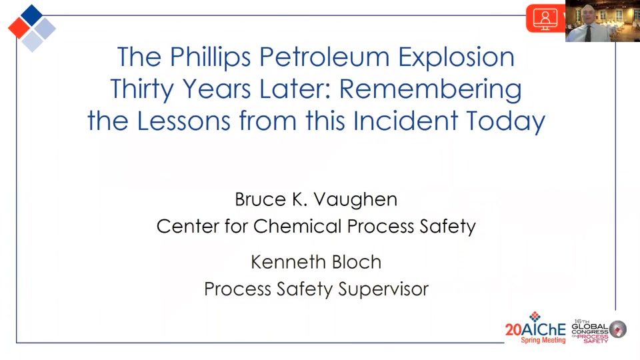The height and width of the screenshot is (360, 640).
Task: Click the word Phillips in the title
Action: pyautogui.click(x=210, y=57)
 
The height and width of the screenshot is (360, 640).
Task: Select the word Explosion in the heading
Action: pyautogui.click(x=456, y=57)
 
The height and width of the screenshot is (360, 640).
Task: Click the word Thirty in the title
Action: pyautogui.click(x=141, y=89)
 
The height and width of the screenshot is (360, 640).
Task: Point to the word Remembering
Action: pyautogui.click(x=431, y=89)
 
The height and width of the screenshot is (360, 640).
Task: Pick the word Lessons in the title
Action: pyautogui.click(x=184, y=121)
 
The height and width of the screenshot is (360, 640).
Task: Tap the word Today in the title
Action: pyautogui.click(x=505, y=121)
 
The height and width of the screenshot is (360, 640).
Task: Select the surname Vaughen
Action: pyautogui.click(x=355, y=200)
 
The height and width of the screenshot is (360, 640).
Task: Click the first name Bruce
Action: pyautogui.click(x=261, y=199)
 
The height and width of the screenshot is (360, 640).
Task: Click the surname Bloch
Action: pyautogui.click(x=357, y=262)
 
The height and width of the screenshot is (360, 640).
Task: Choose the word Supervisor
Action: pyautogui.click(x=383, y=289)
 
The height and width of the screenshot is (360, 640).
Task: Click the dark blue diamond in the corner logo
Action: pyautogui.click(x=31, y=15)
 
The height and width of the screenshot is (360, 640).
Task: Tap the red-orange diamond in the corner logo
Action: pyautogui.click(x=19, y=28)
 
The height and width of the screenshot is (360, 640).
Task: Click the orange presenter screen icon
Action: pyautogui.click(x=546, y=19)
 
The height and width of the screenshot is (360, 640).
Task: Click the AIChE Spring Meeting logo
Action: pyautogui.click(x=535, y=328)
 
